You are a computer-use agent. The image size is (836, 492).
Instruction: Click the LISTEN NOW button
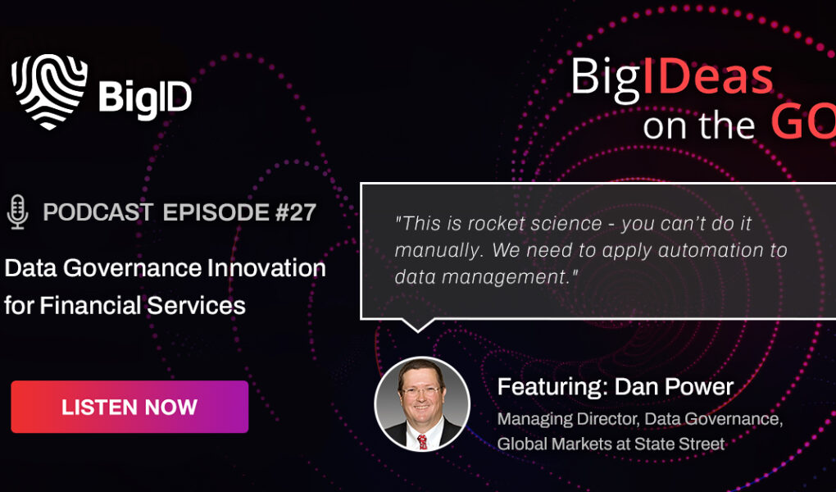coord(129,407)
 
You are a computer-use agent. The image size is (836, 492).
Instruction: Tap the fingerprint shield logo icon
coord(49,91)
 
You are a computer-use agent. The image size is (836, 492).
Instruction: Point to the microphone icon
coord(16,212)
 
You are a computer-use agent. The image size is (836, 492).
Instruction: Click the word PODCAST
coord(98,212)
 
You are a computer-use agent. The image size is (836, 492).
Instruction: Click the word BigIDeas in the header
coord(671,77)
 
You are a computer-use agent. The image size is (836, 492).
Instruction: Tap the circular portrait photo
coord(422,403)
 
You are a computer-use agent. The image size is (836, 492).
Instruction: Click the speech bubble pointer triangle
coord(417,325)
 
